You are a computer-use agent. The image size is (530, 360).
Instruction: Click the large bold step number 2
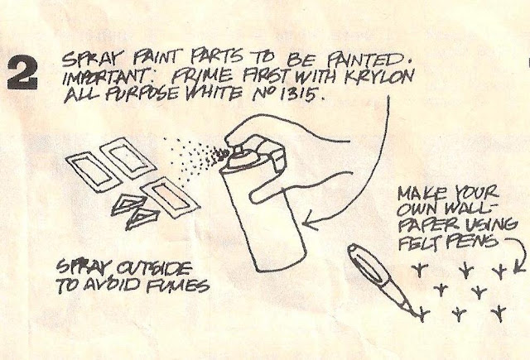click(22, 74)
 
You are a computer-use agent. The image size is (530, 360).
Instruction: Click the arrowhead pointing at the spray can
click(309, 221)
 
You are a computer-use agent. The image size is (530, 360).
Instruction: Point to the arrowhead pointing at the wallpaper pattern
click(519, 266)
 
